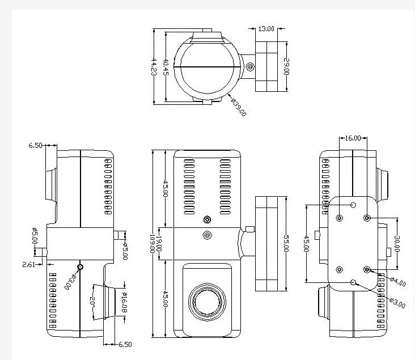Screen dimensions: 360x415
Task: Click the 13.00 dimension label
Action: (266, 28)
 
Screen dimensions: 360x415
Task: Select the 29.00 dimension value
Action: (287, 66)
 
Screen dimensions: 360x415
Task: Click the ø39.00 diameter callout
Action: (239, 107)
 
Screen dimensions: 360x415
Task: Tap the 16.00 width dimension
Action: (353, 138)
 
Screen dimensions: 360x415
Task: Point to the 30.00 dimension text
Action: (397, 244)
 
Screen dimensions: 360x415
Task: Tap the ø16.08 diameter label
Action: (124, 304)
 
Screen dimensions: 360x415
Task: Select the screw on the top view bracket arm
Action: (251, 67)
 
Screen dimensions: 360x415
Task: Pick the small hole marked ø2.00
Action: (81, 266)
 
